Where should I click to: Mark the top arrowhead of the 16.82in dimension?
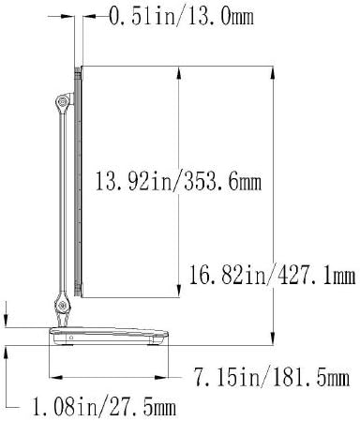point(271,71)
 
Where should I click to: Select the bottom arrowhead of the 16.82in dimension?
point(271,340)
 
